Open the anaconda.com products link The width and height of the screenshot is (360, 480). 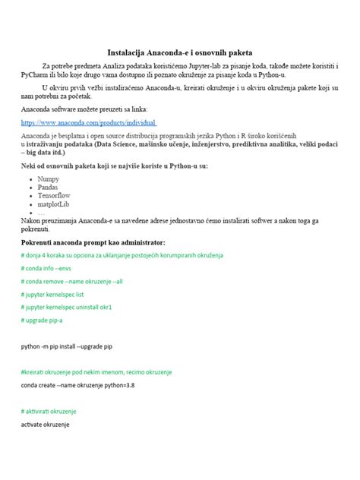click(x=88, y=122)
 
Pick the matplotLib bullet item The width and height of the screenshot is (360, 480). click(x=53, y=204)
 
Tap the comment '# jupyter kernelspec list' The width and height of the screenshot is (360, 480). click(x=58, y=293)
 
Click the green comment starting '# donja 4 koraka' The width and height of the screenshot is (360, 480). click(x=122, y=254)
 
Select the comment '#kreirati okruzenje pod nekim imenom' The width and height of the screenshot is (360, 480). click(x=96, y=371)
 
